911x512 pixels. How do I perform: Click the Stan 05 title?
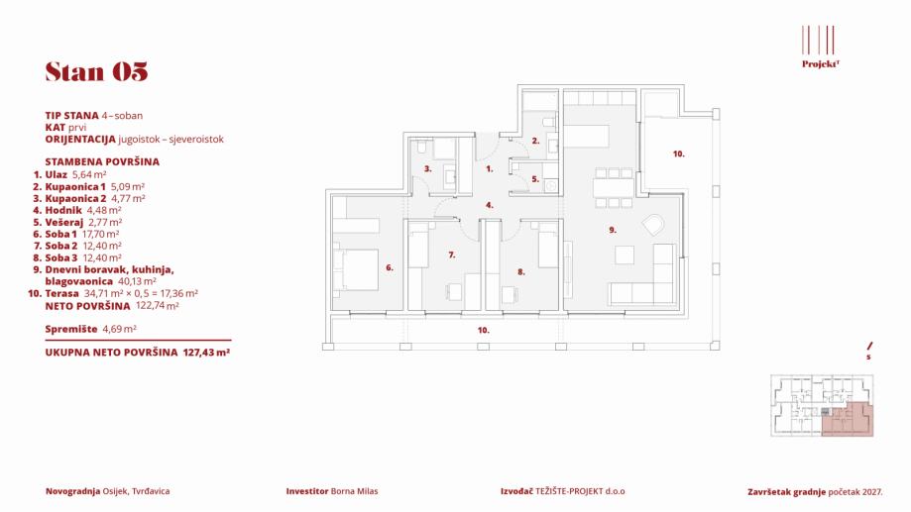[x=96, y=71]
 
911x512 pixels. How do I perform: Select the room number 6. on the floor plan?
[x=390, y=267]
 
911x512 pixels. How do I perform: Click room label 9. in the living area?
[x=614, y=230]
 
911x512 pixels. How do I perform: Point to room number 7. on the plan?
[x=451, y=255]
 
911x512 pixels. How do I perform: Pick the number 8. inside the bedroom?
[x=520, y=270]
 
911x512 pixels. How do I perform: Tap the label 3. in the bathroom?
[x=427, y=169]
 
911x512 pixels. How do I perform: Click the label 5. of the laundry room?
[x=534, y=179]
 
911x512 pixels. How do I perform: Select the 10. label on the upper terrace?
[x=678, y=154]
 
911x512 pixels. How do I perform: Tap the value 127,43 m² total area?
[x=207, y=352]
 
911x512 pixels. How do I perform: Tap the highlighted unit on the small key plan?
[x=849, y=419]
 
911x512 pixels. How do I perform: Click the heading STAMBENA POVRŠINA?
[x=102, y=159]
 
